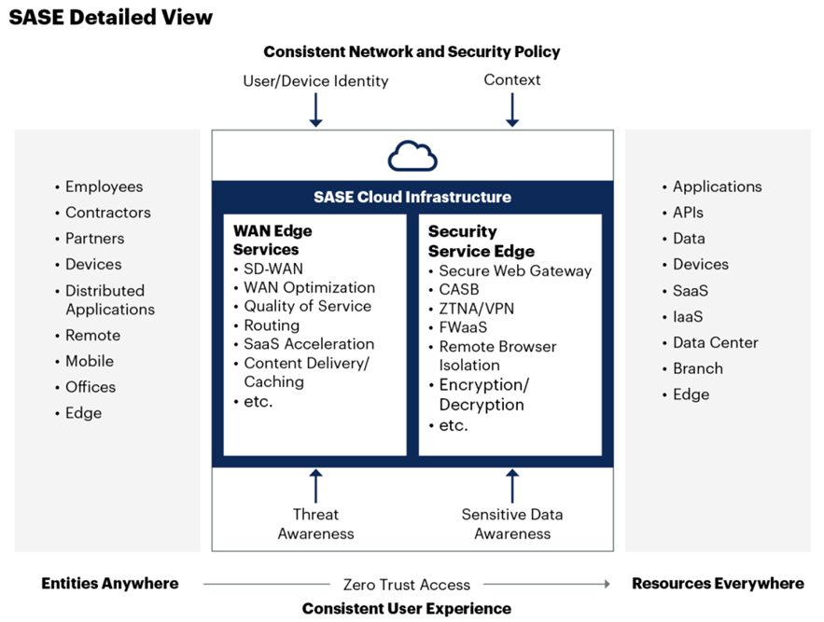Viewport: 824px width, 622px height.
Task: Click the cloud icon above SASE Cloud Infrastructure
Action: coord(412,157)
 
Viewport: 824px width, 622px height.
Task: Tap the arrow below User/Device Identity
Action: coord(315,110)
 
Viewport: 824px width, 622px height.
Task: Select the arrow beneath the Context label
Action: coord(511,110)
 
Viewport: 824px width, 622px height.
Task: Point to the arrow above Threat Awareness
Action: coord(315,486)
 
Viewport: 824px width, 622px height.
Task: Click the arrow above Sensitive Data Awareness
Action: coord(511,486)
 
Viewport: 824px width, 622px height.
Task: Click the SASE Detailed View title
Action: coord(111,17)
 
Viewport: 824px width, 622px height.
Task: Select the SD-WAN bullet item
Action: coord(273,269)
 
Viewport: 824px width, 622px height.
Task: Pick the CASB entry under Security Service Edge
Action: coord(459,289)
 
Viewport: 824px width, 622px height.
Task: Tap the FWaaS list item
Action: coord(463,327)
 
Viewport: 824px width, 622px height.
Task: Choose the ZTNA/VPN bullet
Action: coord(476,309)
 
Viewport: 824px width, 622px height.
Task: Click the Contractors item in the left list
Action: coord(107,213)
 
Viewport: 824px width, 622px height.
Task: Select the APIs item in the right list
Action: coord(688,213)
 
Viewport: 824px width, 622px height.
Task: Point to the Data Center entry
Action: coord(715,342)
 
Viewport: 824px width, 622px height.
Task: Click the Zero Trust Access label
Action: coord(406,585)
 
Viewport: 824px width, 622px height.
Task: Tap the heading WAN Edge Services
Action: coord(272,240)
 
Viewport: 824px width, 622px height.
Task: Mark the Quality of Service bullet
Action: coord(307,307)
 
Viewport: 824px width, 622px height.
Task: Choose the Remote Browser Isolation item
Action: coord(497,355)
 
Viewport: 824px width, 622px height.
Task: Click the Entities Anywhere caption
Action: coord(109,584)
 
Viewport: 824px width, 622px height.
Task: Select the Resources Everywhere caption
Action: coord(718,584)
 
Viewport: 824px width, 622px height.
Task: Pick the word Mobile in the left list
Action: coord(90,361)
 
